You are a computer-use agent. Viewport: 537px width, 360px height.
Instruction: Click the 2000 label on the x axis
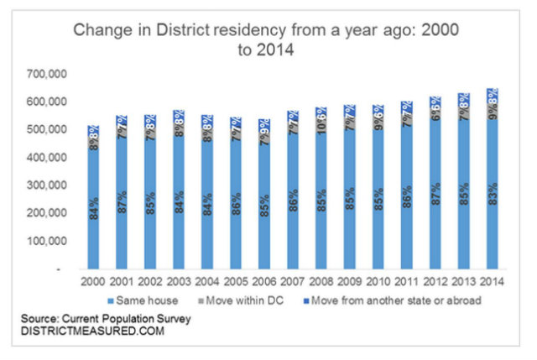pos(95,283)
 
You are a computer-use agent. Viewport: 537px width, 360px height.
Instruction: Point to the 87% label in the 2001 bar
pos(122,201)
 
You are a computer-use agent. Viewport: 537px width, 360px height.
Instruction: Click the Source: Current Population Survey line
pos(109,319)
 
